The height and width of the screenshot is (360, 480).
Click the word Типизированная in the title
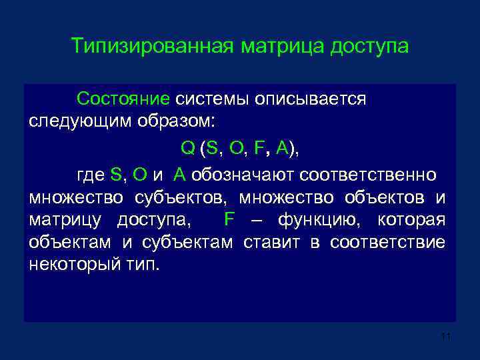click(x=152, y=48)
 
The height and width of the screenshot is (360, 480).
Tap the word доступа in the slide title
click(x=368, y=48)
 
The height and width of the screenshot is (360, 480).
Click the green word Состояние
click(x=123, y=99)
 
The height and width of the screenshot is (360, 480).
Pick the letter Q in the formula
click(x=187, y=148)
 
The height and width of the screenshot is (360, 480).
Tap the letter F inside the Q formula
click(x=259, y=148)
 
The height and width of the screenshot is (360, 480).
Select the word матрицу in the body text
click(x=63, y=219)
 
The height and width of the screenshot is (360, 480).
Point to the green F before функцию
click(x=230, y=219)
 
